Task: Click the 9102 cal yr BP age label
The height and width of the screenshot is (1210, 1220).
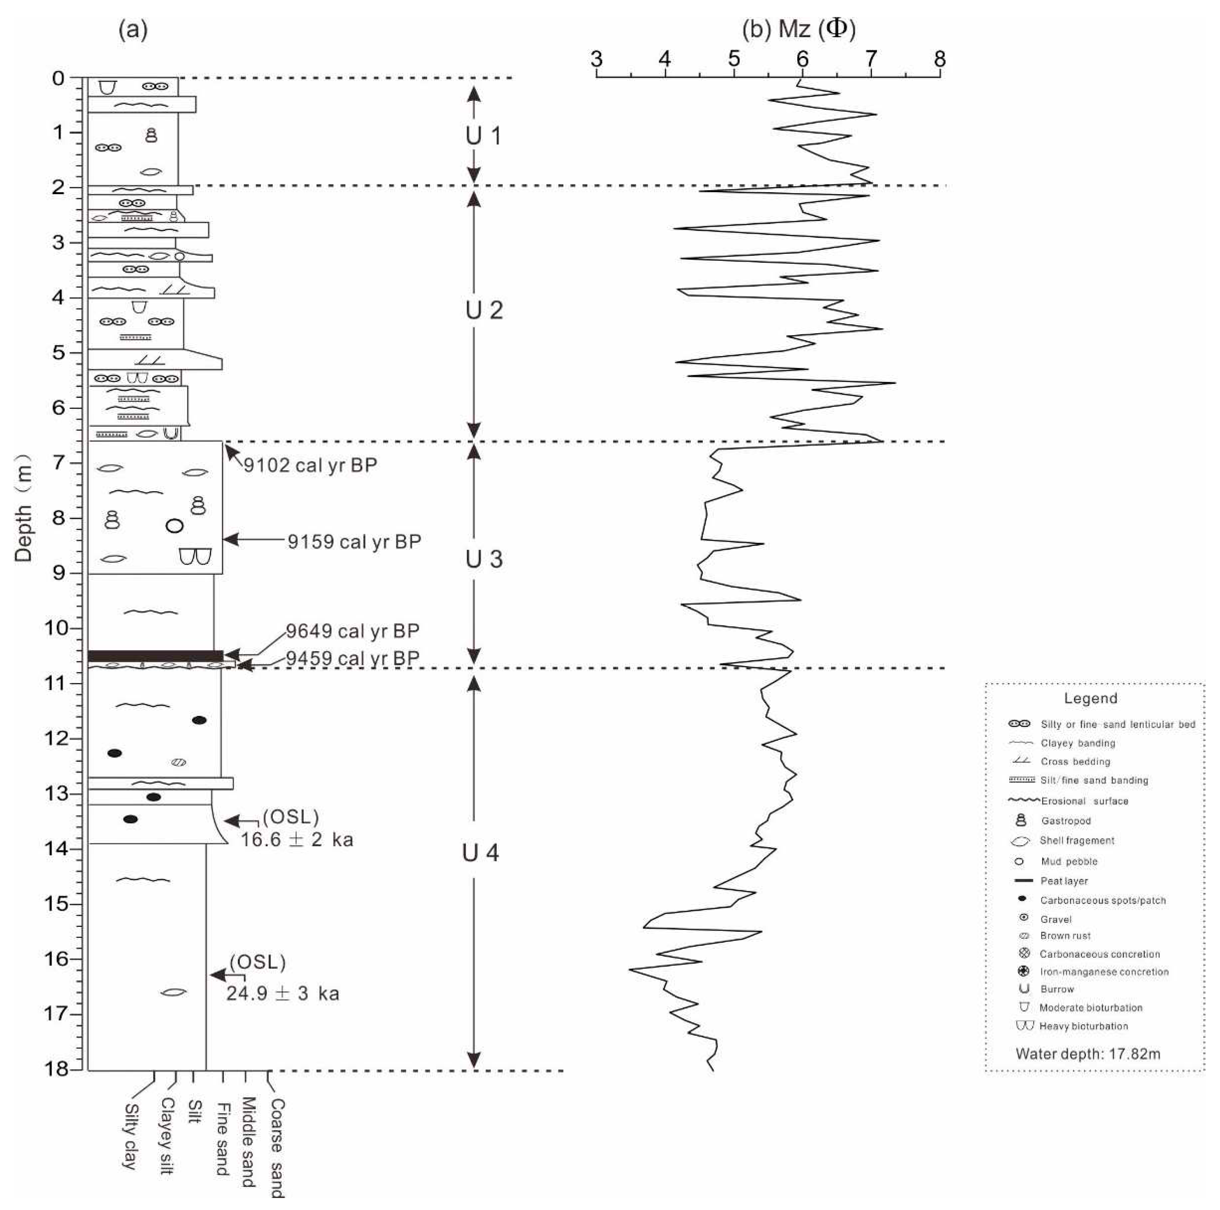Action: click(x=311, y=465)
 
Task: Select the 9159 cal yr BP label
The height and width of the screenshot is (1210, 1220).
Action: click(x=354, y=542)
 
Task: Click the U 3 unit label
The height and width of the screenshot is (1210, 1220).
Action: click(x=484, y=559)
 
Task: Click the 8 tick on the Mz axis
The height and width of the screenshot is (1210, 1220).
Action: click(x=940, y=60)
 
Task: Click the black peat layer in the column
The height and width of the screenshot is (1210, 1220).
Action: click(x=155, y=656)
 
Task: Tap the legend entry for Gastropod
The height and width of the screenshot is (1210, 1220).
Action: click(x=1065, y=821)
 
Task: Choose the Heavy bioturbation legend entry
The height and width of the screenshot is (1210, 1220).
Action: click(x=1083, y=1026)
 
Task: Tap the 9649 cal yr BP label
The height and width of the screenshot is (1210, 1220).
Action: click(x=352, y=631)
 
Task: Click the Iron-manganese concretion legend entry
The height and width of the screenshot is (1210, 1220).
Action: click(x=1104, y=972)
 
